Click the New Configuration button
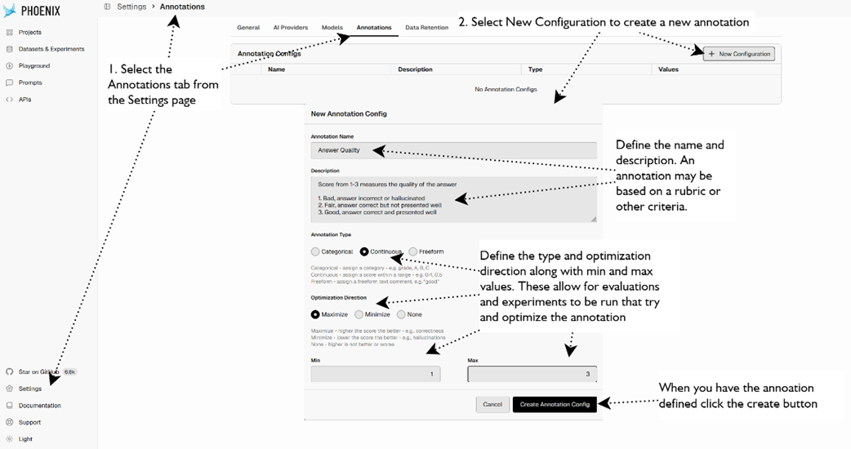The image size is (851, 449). click(739, 54)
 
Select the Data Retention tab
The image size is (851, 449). click(426, 28)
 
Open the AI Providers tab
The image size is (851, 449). click(290, 28)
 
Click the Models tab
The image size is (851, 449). click(332, 28)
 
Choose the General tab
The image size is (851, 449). click(248, 28)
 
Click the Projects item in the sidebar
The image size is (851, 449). click(30, 33)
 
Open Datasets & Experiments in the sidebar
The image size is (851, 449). click(51, 49)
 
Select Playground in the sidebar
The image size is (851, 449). click(34, 66)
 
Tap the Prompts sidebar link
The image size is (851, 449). click(30, 82)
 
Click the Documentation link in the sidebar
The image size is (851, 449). click(39, 406)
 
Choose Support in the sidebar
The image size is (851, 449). click(29, 422)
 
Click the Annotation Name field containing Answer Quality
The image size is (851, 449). click(453, 150)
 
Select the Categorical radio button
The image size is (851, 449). click(316, 251)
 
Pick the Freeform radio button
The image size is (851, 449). click(413, 251)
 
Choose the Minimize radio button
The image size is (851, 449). click(359, 314)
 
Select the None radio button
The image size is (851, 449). click(401, 314)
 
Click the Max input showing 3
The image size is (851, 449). click(532, 374)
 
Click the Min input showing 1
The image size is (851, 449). click(376, 374)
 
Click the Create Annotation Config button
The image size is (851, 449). click(555, 404)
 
